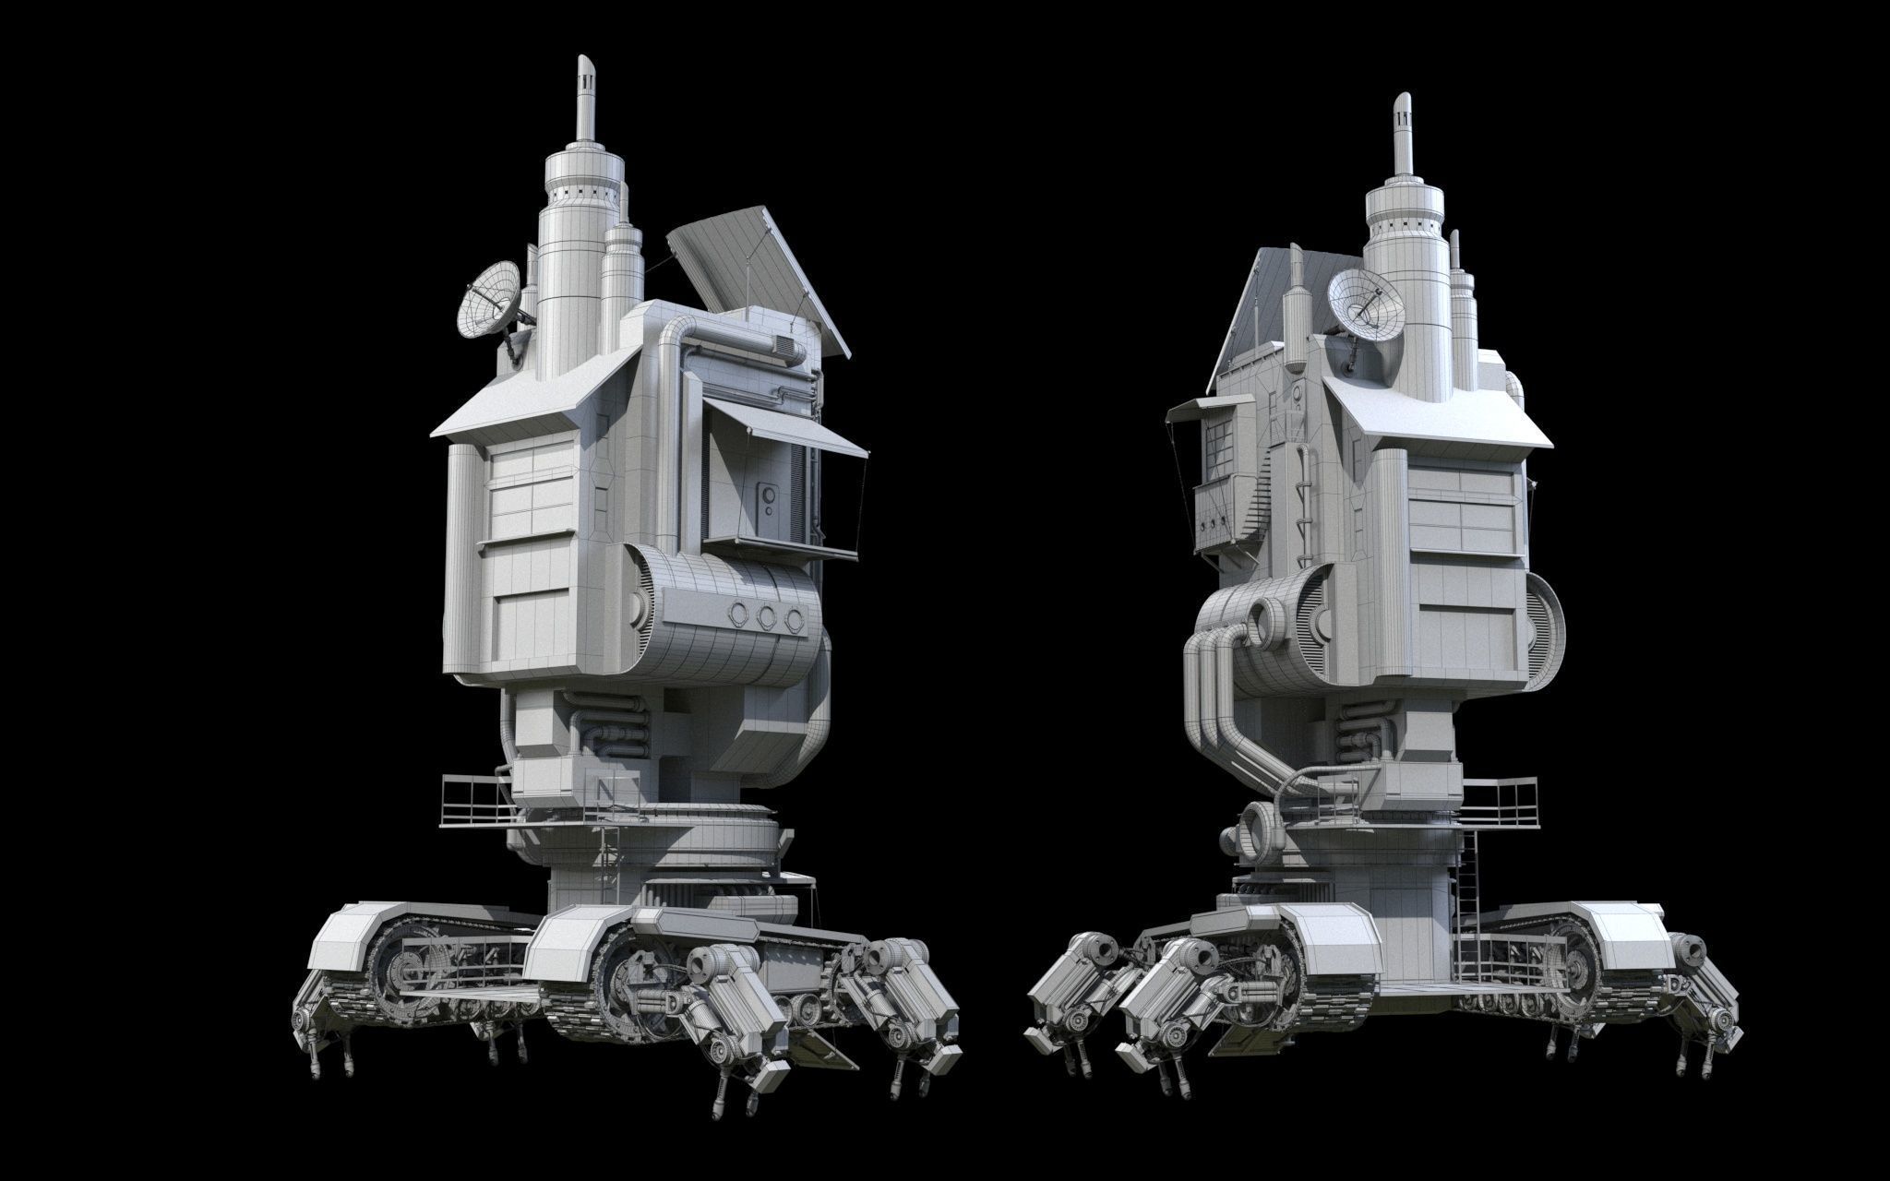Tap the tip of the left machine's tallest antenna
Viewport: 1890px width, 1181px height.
click(585, 61)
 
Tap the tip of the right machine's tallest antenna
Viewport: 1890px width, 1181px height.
click(1402, 98)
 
